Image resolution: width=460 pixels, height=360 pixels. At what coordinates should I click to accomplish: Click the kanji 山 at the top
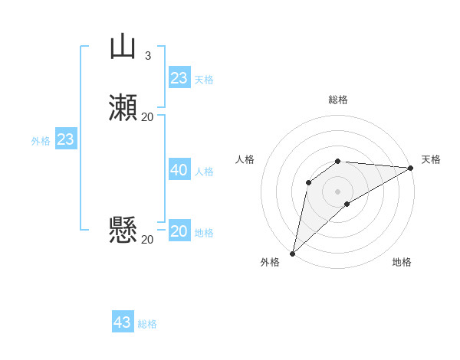[x=123, y=47]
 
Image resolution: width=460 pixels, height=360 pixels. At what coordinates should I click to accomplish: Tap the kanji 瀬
[x=123, y=108]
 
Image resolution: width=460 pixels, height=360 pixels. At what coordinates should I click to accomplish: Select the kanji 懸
[x=123, y=230]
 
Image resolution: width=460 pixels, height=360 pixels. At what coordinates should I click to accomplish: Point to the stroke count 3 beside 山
[x=147, y=55]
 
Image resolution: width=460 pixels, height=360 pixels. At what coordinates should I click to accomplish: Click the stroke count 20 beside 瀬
[x=147, y=116]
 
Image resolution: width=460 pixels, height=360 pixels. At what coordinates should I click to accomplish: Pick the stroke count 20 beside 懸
[x=147, y=239]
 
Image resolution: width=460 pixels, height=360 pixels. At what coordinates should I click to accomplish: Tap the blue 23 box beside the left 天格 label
[x=179, y=78]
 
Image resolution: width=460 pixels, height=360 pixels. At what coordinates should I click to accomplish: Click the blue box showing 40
[x=179, y=170]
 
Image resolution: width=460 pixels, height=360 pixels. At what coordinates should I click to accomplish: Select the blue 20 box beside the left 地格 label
[x=179, y=231]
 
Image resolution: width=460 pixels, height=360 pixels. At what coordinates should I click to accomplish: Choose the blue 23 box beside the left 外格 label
[x=65, y=139]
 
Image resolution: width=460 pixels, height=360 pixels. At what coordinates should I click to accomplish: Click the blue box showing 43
[x=123, y=322]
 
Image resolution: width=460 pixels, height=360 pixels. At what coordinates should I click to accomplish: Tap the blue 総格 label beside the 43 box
[x=148, y=324]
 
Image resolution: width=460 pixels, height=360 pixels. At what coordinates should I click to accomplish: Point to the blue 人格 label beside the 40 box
[x=205, y=172]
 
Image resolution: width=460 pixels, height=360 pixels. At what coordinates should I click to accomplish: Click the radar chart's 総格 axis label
[x=337, y=100]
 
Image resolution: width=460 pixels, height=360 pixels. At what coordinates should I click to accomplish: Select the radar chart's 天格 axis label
[x=431, y=159]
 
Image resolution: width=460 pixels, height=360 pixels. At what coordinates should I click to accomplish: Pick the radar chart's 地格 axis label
[x=402, y=263]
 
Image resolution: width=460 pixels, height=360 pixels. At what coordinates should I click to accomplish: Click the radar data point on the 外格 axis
[x=292, y=253]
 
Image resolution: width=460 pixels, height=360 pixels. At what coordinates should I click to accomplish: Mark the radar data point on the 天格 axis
[x=411, y=168]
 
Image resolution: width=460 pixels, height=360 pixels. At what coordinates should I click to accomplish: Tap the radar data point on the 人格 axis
[x=308, y=182]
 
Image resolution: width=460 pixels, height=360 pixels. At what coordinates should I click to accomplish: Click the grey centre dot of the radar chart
[x=337, y=191]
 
